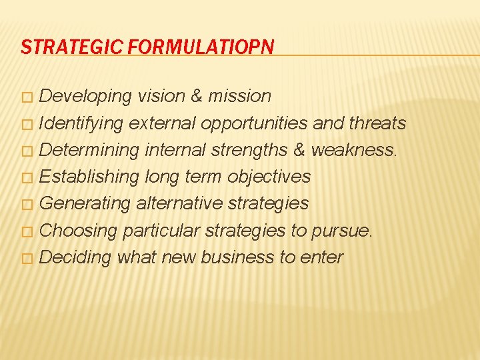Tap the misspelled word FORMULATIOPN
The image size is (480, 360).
tap(201, 47)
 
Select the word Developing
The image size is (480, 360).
tap(86, 96)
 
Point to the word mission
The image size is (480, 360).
tap(240, 96)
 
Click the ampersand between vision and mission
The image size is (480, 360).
tap(197, 96)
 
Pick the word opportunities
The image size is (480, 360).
tap(253, 123)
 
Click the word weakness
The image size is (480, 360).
tap(353, 150)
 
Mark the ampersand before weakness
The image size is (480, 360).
tap(299, 150)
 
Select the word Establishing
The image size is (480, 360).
tap(89, 177)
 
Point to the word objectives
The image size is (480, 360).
tap(269, 177)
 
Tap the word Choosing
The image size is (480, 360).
tap(79, 231)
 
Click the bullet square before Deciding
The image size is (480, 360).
tap(26, 259)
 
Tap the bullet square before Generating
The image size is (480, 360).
tap(26, 205)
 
